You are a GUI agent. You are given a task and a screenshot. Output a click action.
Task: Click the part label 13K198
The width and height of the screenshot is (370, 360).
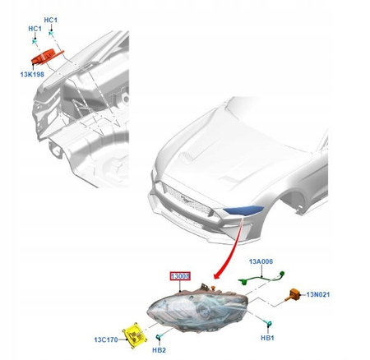click(32, 74)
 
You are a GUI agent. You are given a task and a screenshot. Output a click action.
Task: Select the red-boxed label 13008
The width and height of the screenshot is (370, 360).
click(180, 276)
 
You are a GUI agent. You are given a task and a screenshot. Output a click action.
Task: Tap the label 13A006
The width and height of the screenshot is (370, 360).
click(261, 261)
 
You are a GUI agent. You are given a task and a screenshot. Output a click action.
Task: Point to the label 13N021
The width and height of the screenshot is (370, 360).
click(318, 294)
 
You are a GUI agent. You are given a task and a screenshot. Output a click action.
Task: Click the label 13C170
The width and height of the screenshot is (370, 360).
click(106, 339)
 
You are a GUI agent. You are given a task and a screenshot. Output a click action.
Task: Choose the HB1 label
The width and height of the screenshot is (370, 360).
click(267, 338)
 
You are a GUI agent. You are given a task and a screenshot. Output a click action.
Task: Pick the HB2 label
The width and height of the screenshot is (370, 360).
click(159, 350)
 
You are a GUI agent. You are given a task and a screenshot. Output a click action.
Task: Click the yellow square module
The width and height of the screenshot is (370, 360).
click(135, 335)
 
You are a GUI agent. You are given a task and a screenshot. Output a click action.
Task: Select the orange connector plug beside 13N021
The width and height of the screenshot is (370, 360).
click(292, 294)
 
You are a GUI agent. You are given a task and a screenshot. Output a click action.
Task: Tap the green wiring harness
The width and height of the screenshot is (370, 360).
click(261, 278)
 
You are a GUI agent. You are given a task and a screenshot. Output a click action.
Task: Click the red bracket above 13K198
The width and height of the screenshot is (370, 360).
click(47, 57)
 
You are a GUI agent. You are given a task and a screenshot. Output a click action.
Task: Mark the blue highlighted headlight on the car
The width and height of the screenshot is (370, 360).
click(243, 210)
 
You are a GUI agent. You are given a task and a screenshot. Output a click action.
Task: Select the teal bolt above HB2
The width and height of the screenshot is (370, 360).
click(159, 336)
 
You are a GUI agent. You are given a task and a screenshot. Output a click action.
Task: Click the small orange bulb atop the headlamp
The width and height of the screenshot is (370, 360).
click(213, 288)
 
